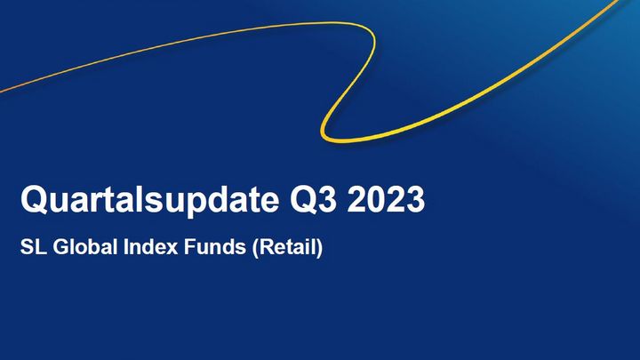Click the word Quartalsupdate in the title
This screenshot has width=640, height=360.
click(x=150, y=200)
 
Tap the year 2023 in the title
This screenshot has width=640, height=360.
click(x=386, y=199)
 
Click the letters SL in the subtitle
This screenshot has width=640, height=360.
click(x=33, y=247)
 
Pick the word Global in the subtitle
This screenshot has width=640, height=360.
click(x=85, y=247)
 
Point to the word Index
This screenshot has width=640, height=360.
click(x=150, y=247)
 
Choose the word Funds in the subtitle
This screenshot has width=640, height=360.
click(x=215, y=247)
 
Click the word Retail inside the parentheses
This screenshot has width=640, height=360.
click(x=287, y=247)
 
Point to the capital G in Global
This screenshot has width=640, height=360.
click(x=61, y=247)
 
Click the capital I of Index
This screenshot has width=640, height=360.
click(x=125, y=247)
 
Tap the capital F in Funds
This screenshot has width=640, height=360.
click(x=190, y=247)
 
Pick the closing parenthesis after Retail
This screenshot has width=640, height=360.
click(x=320, y=248)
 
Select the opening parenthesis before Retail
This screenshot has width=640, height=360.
click(x=255, y=248)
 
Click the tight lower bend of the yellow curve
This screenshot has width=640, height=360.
click(x=325, y=133)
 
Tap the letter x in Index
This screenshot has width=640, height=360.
click(x=172, y=249)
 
